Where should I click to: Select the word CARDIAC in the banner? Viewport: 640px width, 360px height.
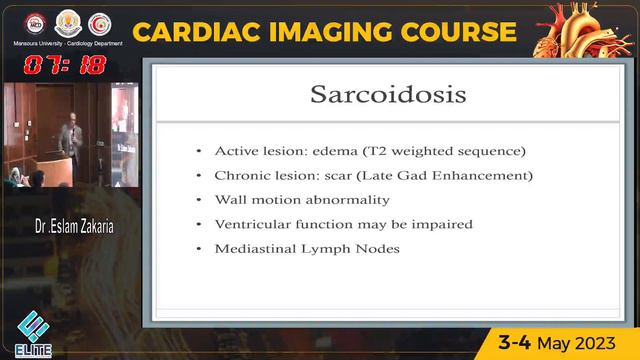coord(195,31)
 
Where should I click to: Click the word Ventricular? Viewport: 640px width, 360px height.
coord(252,224)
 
